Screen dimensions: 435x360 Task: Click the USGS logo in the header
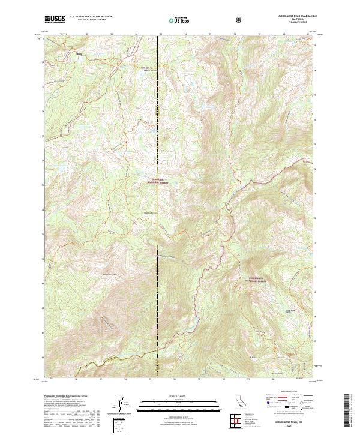(x=54, y=19)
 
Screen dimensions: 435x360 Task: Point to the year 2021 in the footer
(x=290, y=428)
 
